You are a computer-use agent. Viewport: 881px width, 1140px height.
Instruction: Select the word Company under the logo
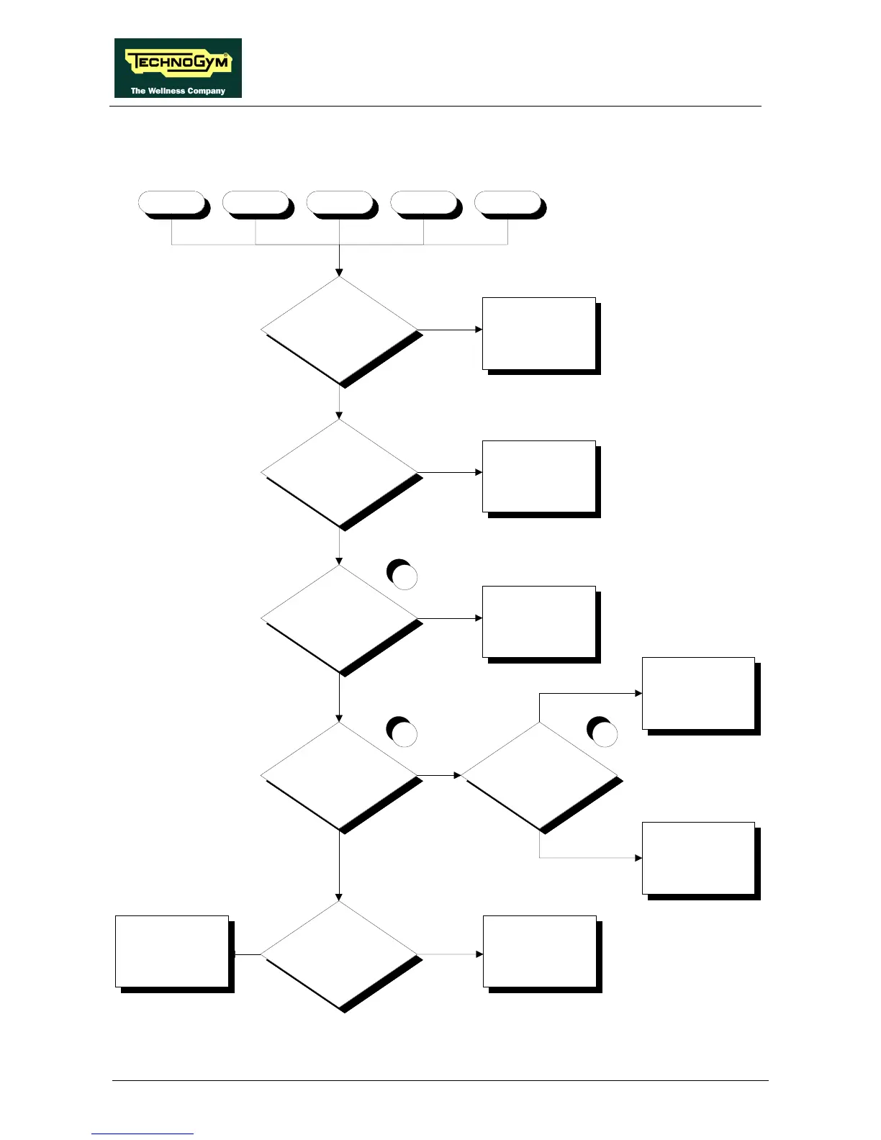[x=207, y=91]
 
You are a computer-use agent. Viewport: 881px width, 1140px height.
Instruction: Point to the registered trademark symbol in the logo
[x=226, y=55]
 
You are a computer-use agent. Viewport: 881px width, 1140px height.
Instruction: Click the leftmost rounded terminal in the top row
[x=172, y=204]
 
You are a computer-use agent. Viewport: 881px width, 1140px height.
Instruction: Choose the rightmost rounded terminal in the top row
[x=508, y=204]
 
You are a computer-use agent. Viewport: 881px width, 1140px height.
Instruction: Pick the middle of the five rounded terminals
[x=340, y=204]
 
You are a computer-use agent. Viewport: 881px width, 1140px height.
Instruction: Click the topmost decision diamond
[x=339, y=330]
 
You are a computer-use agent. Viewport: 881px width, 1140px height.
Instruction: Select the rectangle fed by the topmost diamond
[x=539, y=333]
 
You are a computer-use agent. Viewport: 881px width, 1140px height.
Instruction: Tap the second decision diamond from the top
[x=339, y=473]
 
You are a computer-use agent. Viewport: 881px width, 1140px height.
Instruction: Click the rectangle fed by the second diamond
[x=539, y=476]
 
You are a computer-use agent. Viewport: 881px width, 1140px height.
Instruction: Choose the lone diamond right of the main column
[x=539, y=776]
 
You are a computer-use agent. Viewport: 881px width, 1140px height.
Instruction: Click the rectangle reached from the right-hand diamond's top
[x=698, y=694]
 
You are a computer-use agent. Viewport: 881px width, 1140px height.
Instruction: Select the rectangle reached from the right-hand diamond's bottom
[x=698, y=858]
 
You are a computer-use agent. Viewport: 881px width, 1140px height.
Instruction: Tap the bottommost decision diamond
[x=339, y=955]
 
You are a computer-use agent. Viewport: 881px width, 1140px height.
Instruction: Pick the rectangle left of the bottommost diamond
[x=172, y=951]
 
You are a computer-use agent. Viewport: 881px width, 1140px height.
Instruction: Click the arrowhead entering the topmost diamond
[x=339, y=272]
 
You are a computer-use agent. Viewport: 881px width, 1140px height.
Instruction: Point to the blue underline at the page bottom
[x=143, y=1134]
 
